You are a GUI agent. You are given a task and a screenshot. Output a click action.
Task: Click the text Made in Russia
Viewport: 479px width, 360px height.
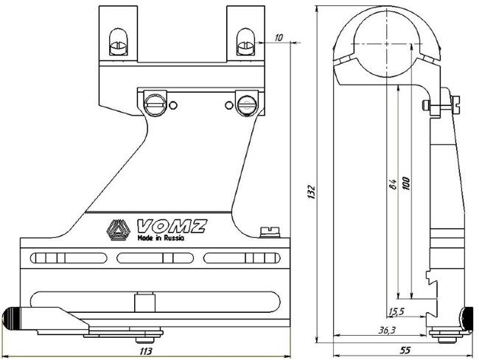click(x=159, y=239)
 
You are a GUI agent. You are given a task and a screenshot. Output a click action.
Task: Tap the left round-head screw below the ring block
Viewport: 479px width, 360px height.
click(x=155, y=103)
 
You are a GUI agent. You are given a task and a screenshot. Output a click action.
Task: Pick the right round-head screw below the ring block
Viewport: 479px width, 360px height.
click(x=245, y=104)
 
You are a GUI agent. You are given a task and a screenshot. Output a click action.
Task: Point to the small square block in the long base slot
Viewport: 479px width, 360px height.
click(x=143, y=302)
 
